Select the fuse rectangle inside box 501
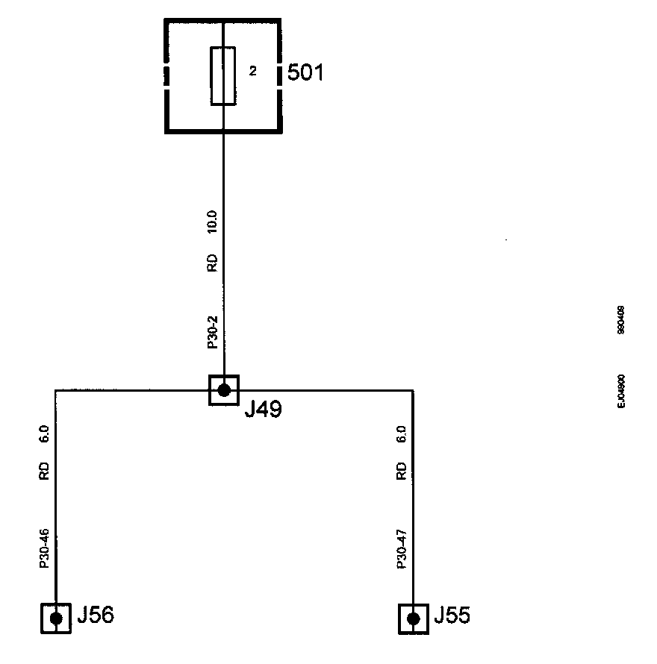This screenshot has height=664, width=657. coord(223,76)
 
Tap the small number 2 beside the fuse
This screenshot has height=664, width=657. coord(252,72)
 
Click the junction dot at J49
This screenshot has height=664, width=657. coord(223,389)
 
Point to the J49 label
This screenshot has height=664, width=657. coord(263,411)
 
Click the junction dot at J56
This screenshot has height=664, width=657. coord(55,618)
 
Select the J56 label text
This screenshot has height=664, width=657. coord(96,616)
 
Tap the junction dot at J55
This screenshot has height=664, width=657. coord(413,618)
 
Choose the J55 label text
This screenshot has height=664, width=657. coord(453,616)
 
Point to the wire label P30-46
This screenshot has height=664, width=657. coord(45,550)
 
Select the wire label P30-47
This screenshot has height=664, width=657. coord(402,550)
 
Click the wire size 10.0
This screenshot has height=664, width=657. coord(212,222)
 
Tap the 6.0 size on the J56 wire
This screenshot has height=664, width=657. coord(45,434)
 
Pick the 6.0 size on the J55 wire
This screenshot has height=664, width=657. coord(402,434)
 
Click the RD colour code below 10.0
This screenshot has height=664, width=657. coord(212,263)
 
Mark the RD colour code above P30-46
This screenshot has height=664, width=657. coord(45,471)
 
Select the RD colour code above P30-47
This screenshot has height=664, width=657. coord(402,471)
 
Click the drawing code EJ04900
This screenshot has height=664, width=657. coord(622,390)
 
